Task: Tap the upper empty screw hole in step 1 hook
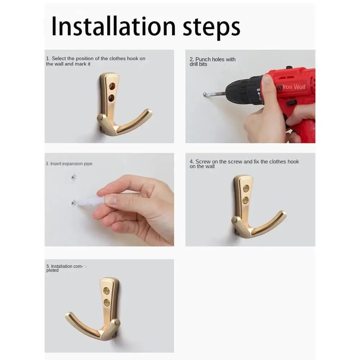[x=112, y=86]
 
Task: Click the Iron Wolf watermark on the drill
[x=293, y=87]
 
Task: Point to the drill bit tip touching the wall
[x=205, y=94]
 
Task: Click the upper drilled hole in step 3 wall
[x=73, y=177]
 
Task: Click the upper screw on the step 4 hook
[x=246, y=188]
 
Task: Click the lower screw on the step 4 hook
[x=246, y=200]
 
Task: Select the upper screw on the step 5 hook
[x=107, y=291]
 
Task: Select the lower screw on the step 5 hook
[x=107, y=303]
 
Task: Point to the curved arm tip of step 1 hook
[x=149, y=112]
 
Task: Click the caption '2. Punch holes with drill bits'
[x=212, y=62]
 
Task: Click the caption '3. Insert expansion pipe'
[x=69, y=164]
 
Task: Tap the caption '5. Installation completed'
[x=64, y=268]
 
